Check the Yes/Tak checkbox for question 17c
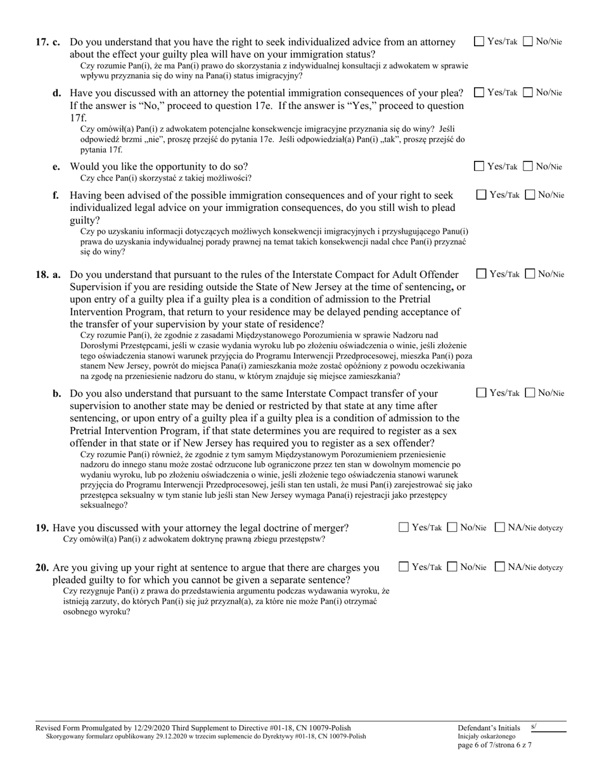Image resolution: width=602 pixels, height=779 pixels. coord(480,42)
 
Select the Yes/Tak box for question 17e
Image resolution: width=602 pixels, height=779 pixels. coord(480,167)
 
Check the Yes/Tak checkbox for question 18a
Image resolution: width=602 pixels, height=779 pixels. coord(482,274)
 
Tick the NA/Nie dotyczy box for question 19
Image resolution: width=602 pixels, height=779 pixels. coord(500,528)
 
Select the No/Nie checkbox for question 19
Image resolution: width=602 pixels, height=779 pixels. coord(452,528)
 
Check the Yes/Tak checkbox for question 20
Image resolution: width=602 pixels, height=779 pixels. coord(404,567)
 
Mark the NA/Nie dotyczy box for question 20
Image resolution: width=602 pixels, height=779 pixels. coord(500,567)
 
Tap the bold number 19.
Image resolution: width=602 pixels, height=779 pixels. coord(42,528)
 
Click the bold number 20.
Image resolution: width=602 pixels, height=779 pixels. coord(42,568)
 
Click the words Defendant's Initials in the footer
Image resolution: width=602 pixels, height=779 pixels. coord(489,728)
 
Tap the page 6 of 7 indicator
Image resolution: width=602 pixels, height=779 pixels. coord(494,745)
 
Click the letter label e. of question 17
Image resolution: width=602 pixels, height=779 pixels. coord(57,167)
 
